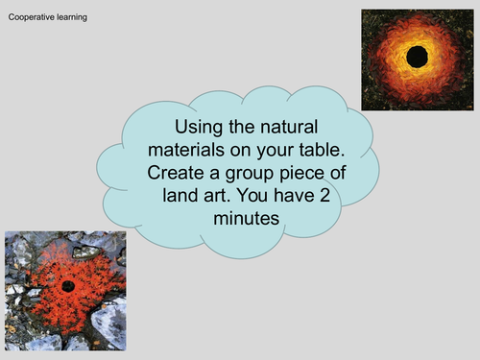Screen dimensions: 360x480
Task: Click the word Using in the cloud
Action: coord(197,128)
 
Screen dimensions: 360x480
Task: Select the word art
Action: coord(213,196)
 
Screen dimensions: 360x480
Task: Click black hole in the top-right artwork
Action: coord(418,58)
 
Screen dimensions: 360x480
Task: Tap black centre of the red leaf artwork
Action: coord(68,285)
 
